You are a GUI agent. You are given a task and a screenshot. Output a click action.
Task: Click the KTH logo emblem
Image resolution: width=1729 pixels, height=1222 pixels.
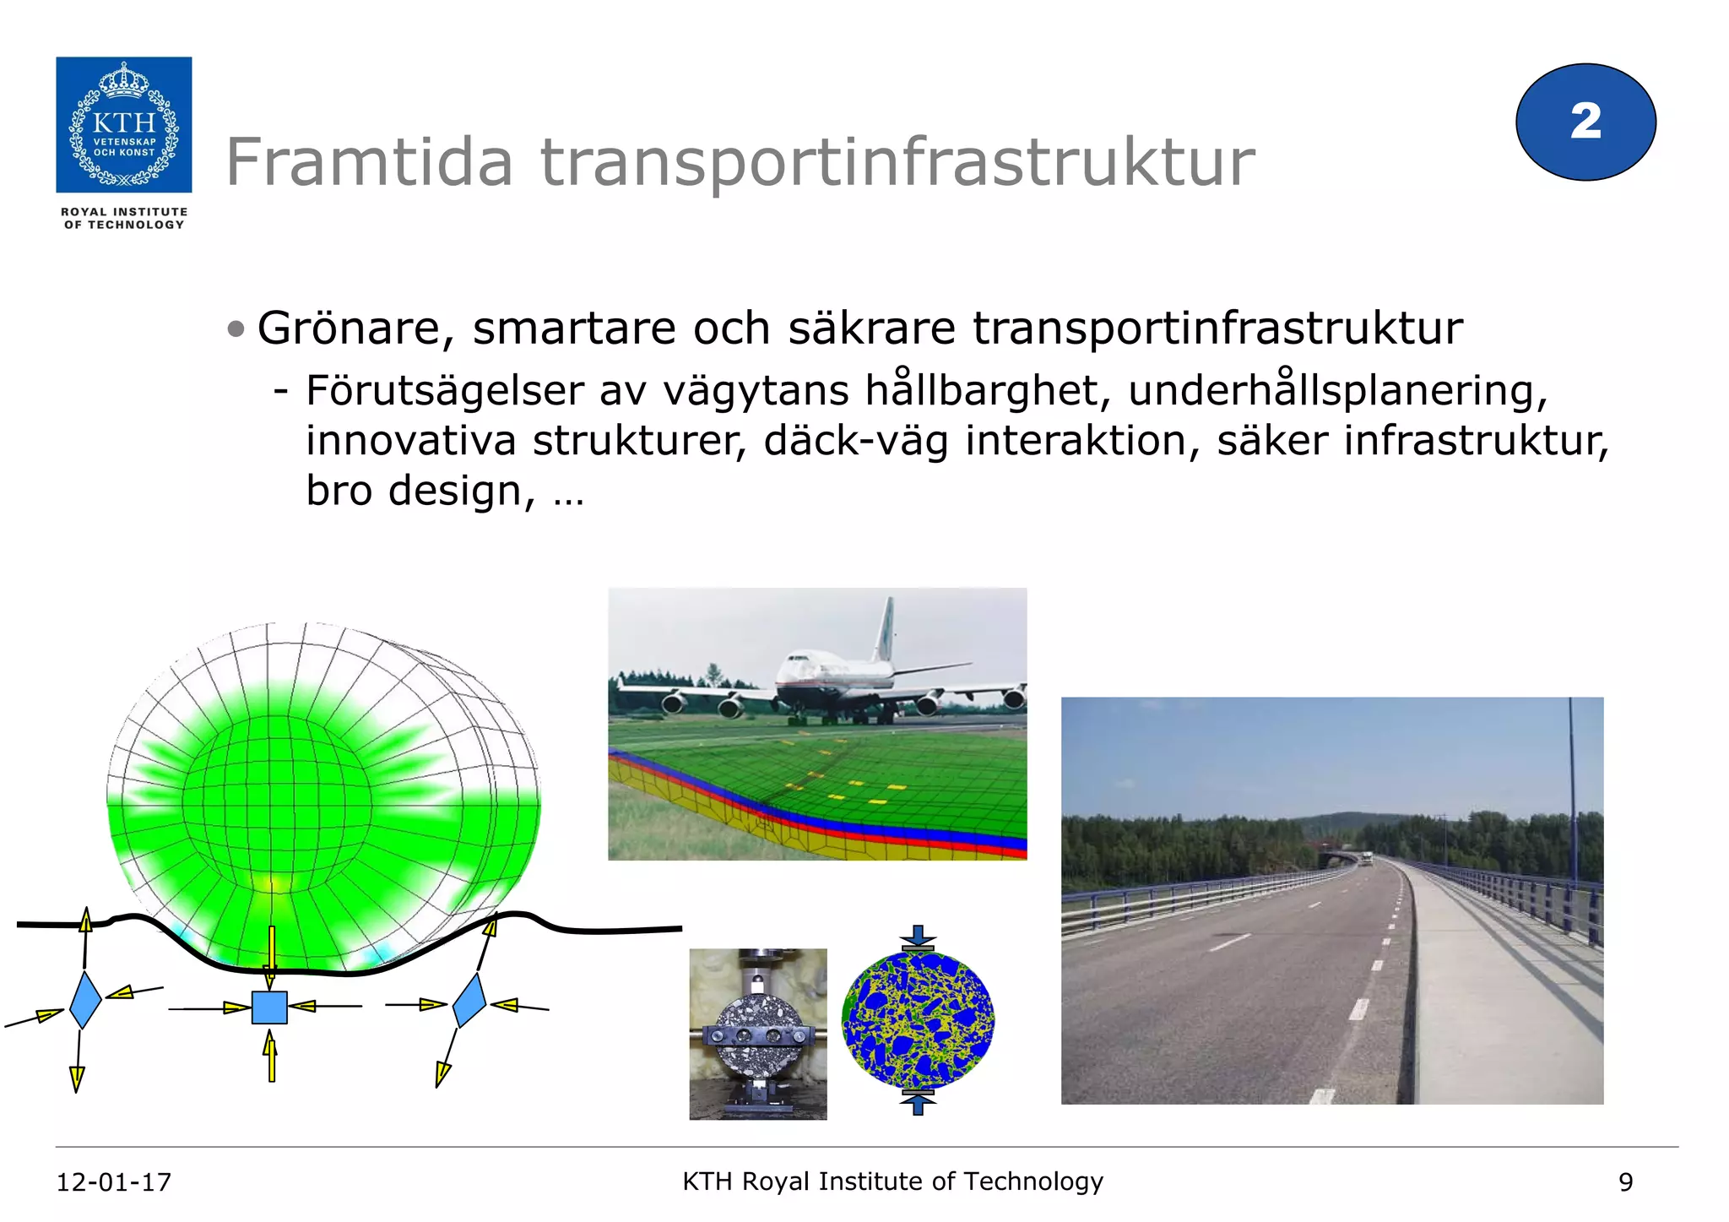tap(124, 124)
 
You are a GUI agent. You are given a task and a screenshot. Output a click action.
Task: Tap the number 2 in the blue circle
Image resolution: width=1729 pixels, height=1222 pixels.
tap(1585, 122)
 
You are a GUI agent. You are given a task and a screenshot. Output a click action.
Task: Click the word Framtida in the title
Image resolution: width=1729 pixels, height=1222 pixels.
tap(369, 162)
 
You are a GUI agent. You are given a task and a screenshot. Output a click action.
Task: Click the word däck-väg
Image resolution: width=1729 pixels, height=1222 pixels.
tap(855, 441)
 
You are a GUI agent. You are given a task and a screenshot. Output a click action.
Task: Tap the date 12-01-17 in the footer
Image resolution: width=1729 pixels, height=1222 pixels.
tap(113, 1181)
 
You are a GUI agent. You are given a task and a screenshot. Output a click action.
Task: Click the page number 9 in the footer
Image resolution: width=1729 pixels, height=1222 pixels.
tap(1625, 1182)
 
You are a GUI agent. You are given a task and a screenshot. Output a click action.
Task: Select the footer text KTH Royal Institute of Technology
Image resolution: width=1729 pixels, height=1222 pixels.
tap(892, 1181)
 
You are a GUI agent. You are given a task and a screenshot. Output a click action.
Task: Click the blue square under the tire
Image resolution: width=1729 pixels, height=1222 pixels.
tap(269, 1007)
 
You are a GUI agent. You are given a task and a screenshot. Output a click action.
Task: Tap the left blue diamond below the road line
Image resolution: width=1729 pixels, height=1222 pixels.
tap(85, 1000)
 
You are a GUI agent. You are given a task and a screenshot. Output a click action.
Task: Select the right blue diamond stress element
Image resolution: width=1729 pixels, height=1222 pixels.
tap(469, 1000)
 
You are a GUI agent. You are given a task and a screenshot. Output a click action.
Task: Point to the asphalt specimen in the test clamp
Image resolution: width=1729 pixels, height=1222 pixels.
tap(757, 1035)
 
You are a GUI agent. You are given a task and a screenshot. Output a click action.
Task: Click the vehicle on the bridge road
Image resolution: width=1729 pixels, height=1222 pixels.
tap(1365, 860)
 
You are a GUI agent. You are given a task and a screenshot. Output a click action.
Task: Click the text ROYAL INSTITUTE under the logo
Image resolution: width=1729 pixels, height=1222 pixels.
tap(124, 212)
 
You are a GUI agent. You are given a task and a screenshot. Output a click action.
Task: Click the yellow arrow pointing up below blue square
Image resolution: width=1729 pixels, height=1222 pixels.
tap(271, 1058)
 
